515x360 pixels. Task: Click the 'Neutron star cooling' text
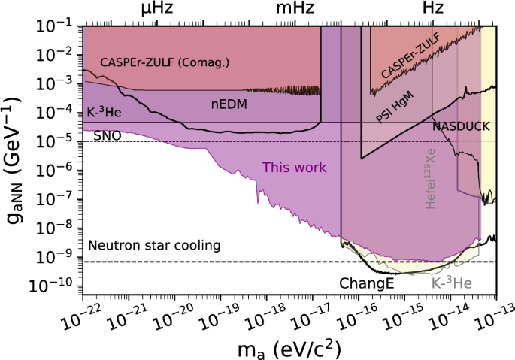[x=154, y=245]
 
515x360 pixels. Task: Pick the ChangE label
[x=364, y=284]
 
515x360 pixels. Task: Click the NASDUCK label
[x=459, y=127]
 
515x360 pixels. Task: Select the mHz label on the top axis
[x=294, y=9]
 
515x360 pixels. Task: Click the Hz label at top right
[x=432, y=9]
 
